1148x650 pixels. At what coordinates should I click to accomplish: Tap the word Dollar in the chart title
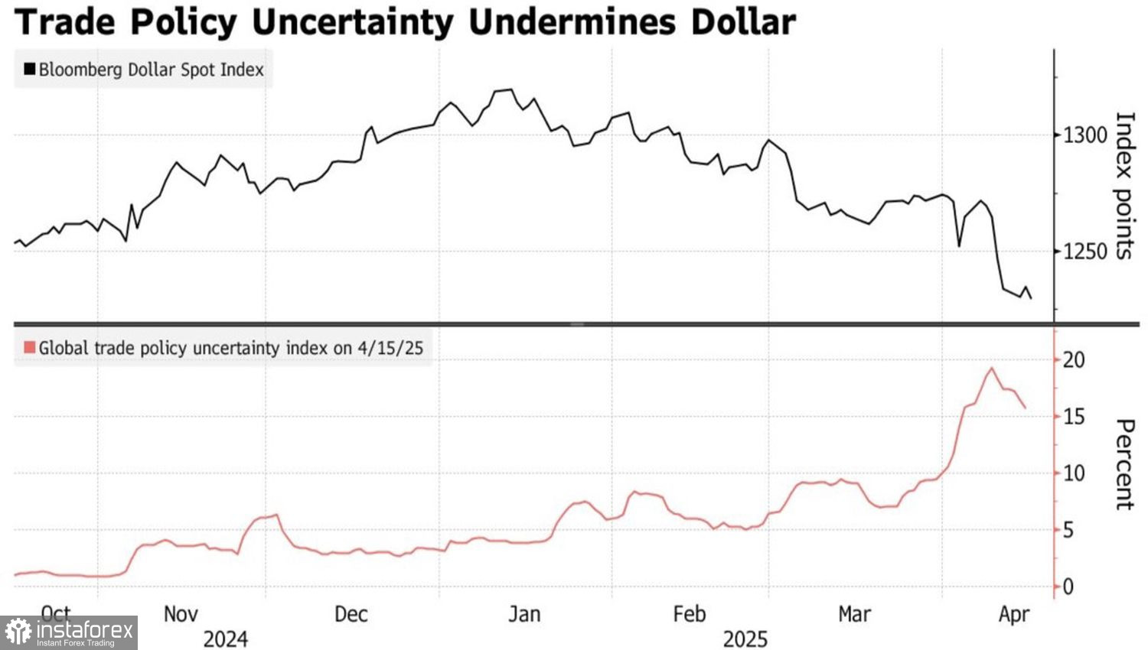(x=742, y=21)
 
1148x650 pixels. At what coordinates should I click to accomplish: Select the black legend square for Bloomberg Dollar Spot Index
(x=30, y=70)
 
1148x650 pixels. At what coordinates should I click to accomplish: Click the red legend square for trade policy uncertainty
(x=30, y=348)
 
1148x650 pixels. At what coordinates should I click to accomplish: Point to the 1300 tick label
(x=1085, y=135)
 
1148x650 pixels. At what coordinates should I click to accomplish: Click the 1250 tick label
(x=1085, y=251)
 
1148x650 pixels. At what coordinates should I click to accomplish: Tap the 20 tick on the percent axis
(x=1074, y=359)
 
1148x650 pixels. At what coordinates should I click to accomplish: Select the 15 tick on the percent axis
(x=1074, y=417)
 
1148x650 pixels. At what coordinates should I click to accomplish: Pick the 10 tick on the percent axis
(x=1074, y=473)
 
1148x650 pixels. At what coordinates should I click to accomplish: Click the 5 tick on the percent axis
(x=1068, y=530)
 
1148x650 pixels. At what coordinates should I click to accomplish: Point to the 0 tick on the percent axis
(x=1068, y=587)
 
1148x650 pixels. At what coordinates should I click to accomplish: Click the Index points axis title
(x=1123, y=186)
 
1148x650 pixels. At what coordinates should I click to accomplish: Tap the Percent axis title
(x=1123, y=463)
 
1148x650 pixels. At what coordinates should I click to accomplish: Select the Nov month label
(x=181, y=613)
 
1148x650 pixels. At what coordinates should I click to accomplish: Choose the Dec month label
(x=351, y=613)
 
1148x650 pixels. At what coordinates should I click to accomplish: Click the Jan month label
(x=524, y=613)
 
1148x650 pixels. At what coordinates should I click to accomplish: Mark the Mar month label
(x=854, y=613)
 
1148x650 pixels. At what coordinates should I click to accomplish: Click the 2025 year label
(x=745, y=639)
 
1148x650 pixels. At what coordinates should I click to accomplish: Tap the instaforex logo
(x=69, y=633)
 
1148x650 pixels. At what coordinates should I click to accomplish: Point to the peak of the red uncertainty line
(x=992, y=369)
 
